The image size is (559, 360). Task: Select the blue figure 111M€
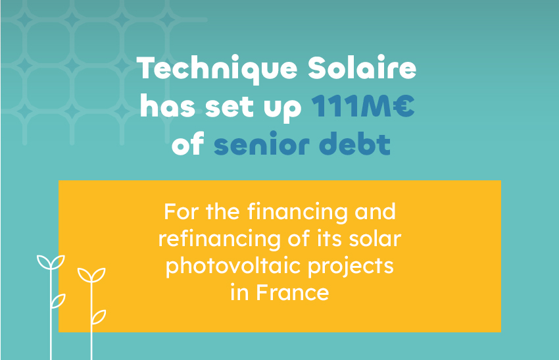click(x=363, y=107)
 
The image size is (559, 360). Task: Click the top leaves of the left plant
click(x=51, y=263)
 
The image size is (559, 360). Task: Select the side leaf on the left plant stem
click(x=59, y=301)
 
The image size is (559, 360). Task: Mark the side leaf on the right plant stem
click(x=99, y=317)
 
